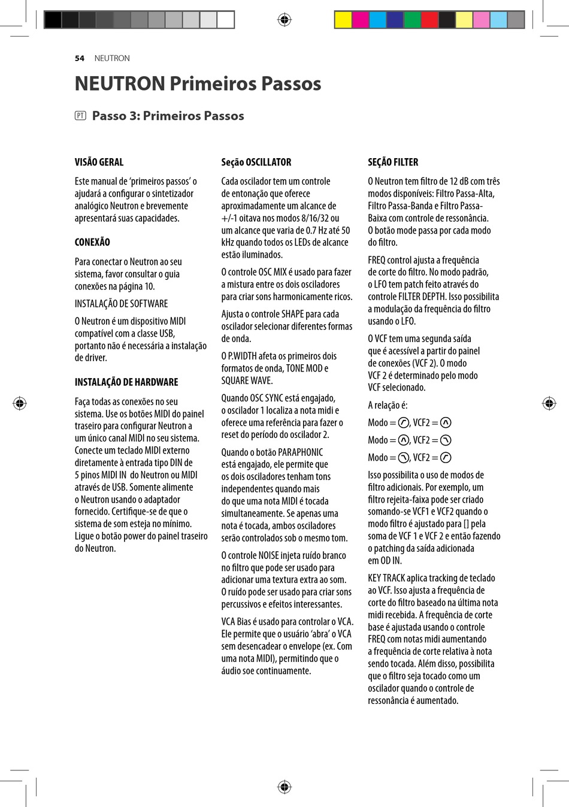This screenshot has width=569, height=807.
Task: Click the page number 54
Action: coord(80,58)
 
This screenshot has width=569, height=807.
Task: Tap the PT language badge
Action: coord(80,116)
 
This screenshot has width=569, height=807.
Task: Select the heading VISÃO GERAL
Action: coord(99,162)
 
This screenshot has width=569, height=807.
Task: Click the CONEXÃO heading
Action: coord(92,242)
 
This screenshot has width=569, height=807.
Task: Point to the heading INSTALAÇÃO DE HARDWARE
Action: coord(126,382)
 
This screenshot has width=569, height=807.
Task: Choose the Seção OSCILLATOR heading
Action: coord(256,162)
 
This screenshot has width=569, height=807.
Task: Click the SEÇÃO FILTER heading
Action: coord(393,162)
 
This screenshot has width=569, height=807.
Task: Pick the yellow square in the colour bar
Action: coord(343,20)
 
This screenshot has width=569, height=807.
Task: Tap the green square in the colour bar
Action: coord(412,20)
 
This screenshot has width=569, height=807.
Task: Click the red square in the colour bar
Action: coord(429,20)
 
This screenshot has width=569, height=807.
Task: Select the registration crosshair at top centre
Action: coord(284,20)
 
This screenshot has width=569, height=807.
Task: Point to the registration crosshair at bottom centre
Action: coord(284,786)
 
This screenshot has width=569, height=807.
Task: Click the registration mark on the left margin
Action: coord(20,403)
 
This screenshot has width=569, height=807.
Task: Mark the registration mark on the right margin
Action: coord(549,403)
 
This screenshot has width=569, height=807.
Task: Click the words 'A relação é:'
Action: coord(388,406)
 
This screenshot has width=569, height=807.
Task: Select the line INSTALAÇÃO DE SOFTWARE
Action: coord(121,304)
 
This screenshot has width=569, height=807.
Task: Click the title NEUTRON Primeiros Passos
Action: coord(198,83)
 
